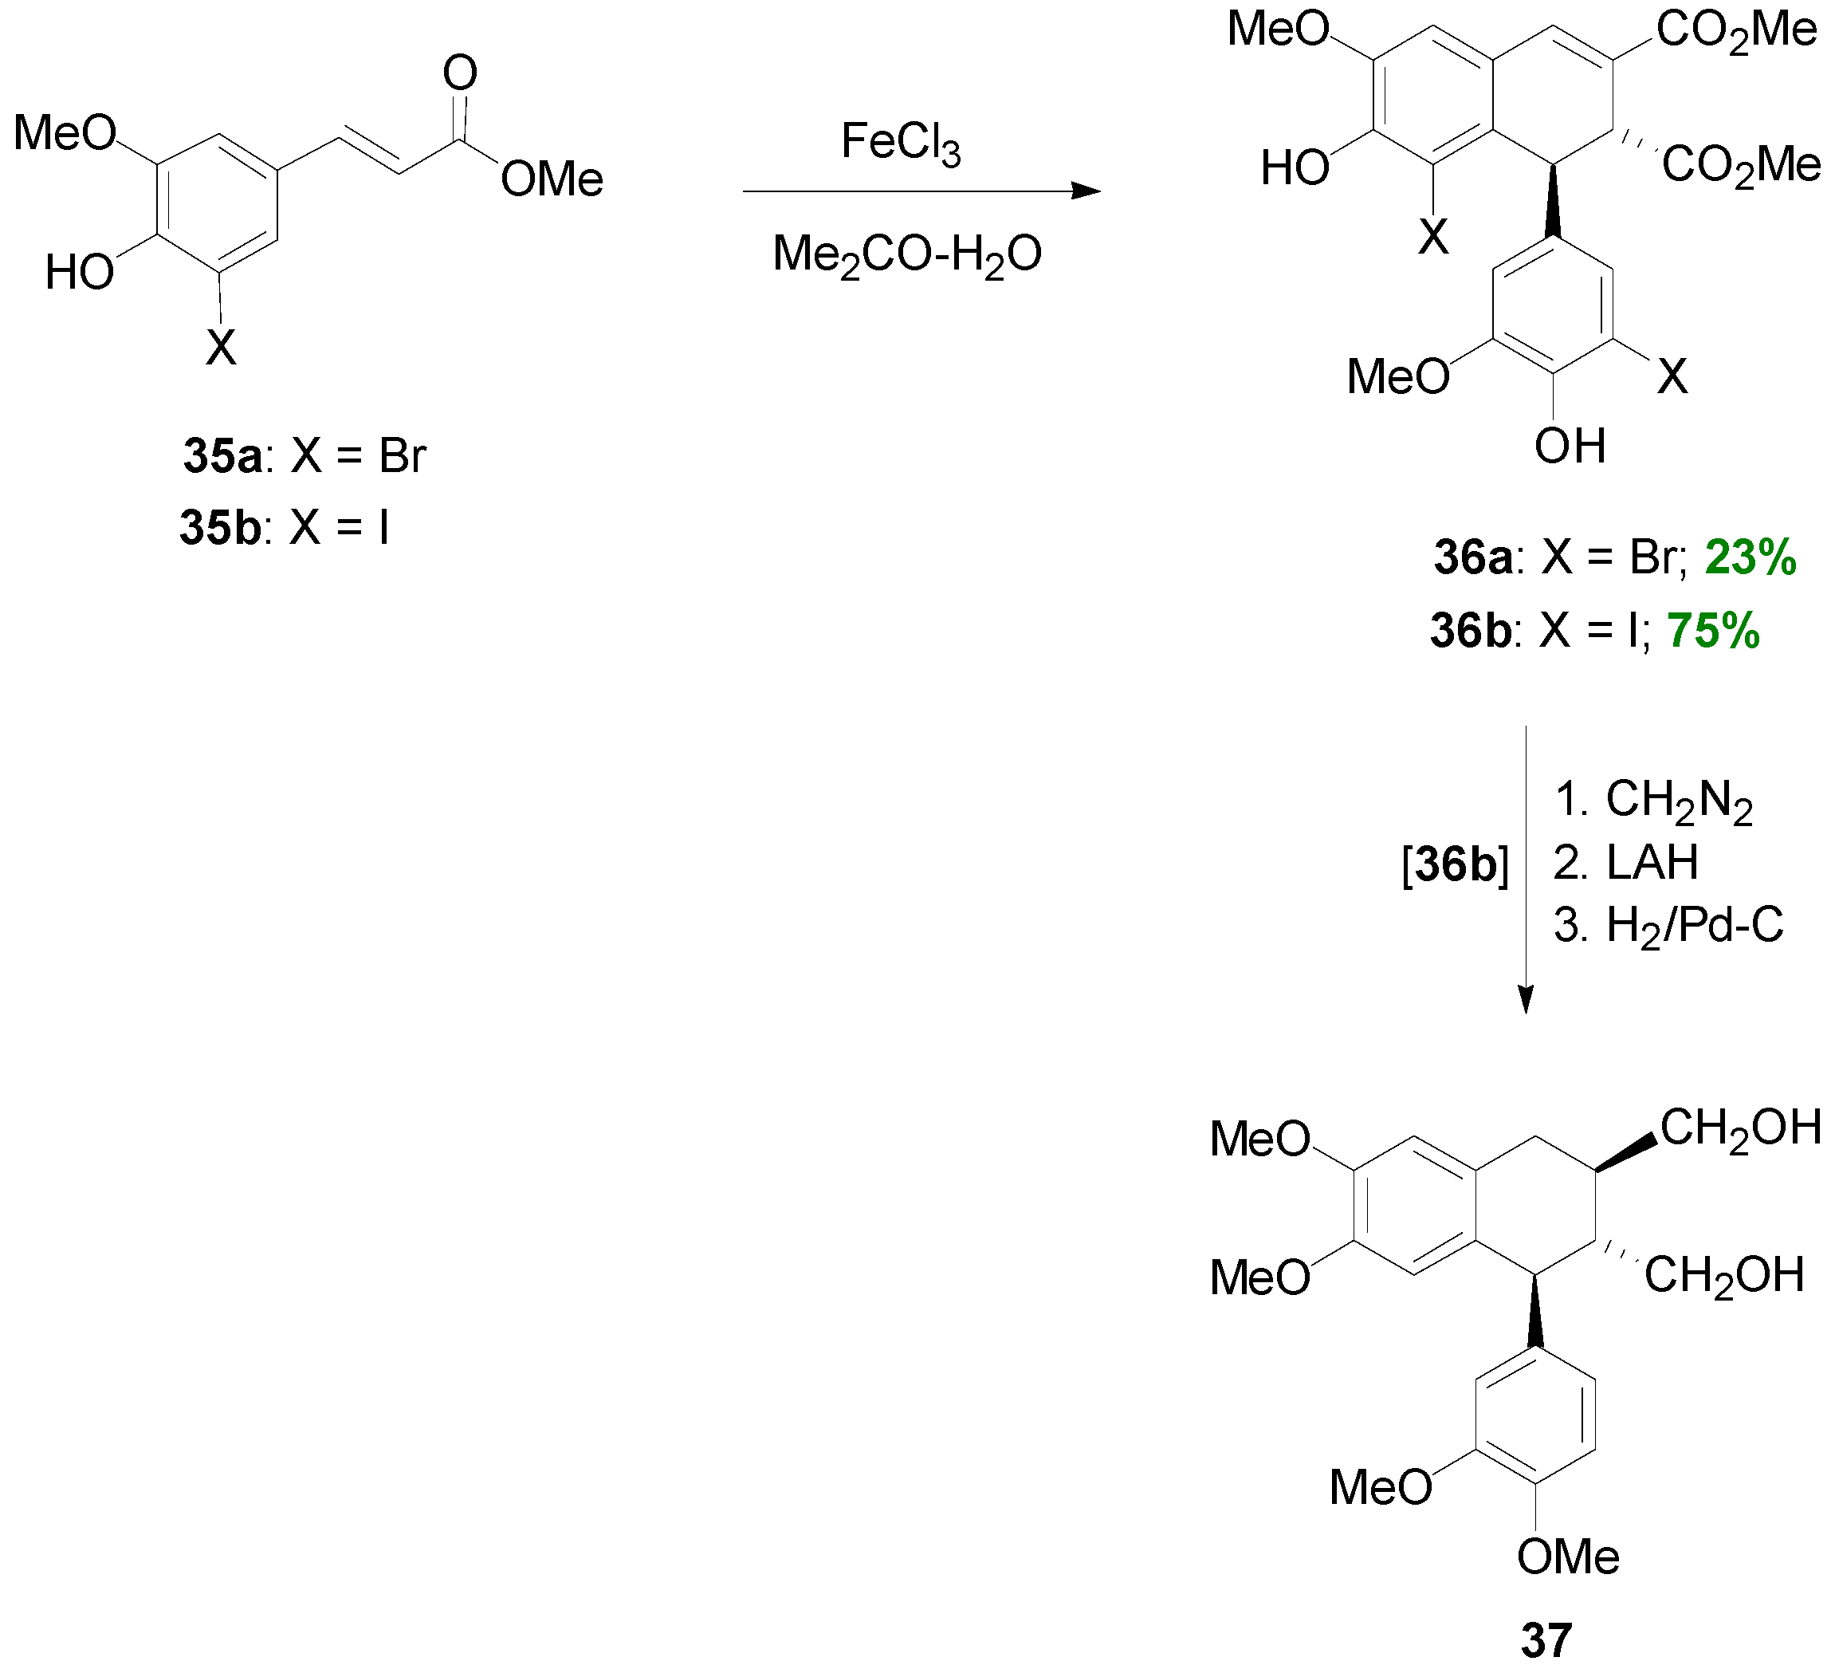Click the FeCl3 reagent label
899,143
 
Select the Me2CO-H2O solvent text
906,256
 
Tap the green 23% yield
1750,557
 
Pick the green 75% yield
1713,630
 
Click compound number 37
1546,1639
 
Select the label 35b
220,527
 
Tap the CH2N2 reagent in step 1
1679,801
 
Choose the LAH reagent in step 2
1652,862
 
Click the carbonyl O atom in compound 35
460,73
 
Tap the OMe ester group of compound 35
552,179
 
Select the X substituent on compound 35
220,347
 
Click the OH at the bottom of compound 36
1570,446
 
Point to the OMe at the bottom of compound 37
1567,1557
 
